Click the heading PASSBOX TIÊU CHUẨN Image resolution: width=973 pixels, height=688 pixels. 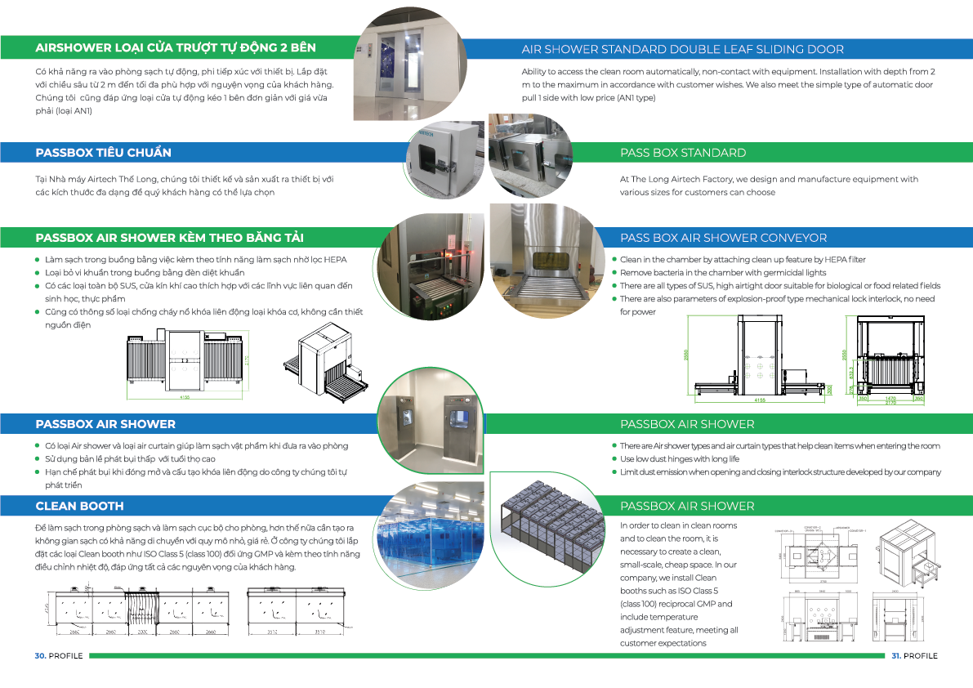pyautogui.click(x=104, y=153)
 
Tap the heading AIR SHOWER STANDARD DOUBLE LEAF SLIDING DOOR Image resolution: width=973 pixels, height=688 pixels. pyautogui.click(x=683, y=50)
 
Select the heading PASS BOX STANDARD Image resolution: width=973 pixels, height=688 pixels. pyautogui.click(x=683, y=153)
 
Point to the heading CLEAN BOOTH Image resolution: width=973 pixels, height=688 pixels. pyautogui.click(x=80, y=506)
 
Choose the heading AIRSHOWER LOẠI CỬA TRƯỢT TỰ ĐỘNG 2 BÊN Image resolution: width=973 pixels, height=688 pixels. pyautogui.click(x=176, y=47)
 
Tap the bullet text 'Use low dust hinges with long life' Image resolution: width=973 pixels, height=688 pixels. pyautogui.click(x=679, y=459)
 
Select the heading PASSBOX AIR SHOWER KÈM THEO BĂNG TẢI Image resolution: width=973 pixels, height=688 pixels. pyautogui.click(x=170, y=238)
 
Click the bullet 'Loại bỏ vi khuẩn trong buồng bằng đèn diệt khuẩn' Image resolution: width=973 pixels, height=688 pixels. pyautogui.click(x=145, y=273)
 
